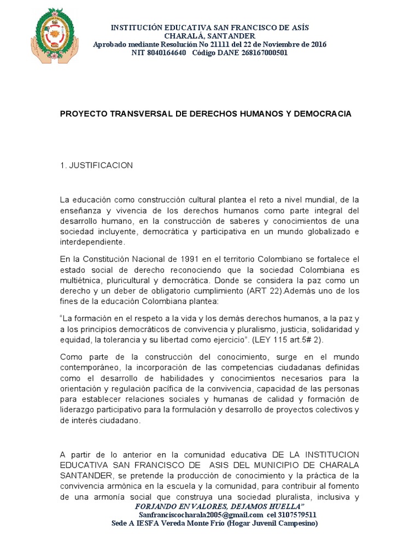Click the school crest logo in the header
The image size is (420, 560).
tap(57, 34)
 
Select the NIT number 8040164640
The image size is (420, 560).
tap(167, 53)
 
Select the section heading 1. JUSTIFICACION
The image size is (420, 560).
tap(96, 165)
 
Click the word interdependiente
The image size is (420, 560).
tap(92, 242)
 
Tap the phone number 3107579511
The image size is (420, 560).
tap(298, 515)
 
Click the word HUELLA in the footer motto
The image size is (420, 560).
tap(282, 506)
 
